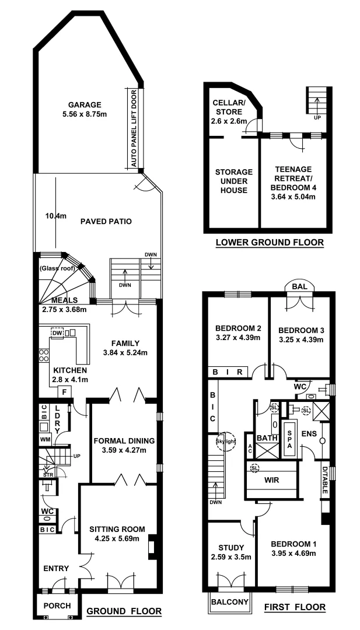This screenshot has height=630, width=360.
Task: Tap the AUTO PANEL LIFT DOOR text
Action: (x=134, y=129)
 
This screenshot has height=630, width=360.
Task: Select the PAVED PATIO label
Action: (x=106, y=222)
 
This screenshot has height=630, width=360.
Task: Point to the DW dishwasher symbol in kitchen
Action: (x=57, y=332)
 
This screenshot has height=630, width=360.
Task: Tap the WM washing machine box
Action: (x=45, y=438)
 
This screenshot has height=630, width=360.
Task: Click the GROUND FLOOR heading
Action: (x=124, y=611)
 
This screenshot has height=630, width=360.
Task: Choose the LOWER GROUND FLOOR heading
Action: (x=269, y=243)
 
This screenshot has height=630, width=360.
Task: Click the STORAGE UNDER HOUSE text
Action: (x=233, y=181)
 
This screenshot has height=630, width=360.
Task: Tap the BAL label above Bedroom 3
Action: (x=300, y=286)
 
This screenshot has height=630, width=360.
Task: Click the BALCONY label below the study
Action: (x=230, y=601)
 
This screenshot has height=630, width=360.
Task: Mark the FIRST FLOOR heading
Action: (x=295, y=607)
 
